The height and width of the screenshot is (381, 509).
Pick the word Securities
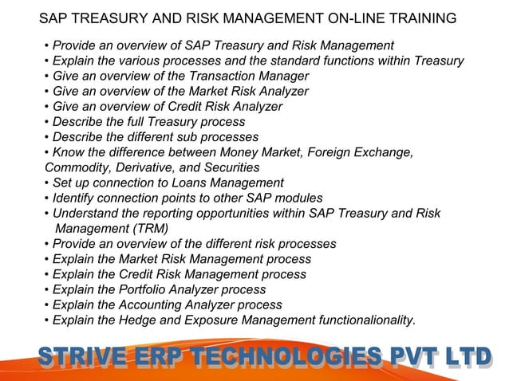click(232, 168)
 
